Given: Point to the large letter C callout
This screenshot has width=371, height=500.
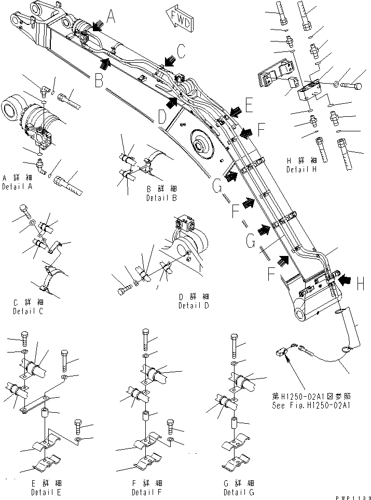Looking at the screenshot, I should tap(180, 50).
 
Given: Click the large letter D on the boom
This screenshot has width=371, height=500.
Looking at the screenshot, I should tap(163, 117).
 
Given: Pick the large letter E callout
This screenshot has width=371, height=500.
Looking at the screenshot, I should tap(249, 106).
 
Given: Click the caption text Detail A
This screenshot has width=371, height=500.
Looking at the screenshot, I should tap(16, 186).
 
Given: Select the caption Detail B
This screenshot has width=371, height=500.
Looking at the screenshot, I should tap(161, 198).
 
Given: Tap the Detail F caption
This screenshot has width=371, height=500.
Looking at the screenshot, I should tap(146, 492).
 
